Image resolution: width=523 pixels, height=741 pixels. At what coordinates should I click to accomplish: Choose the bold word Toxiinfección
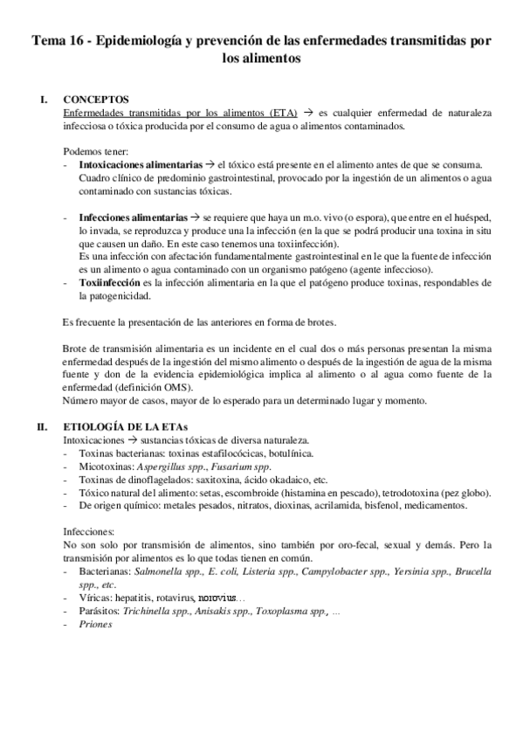[108, 283]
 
